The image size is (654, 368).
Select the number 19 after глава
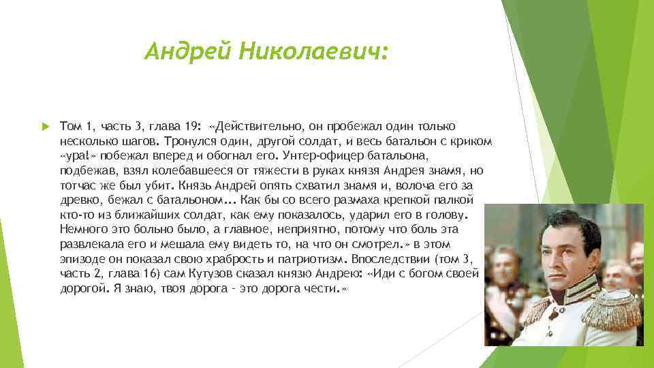[x=192, y=127]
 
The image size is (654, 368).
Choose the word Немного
[x=83, y=228]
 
